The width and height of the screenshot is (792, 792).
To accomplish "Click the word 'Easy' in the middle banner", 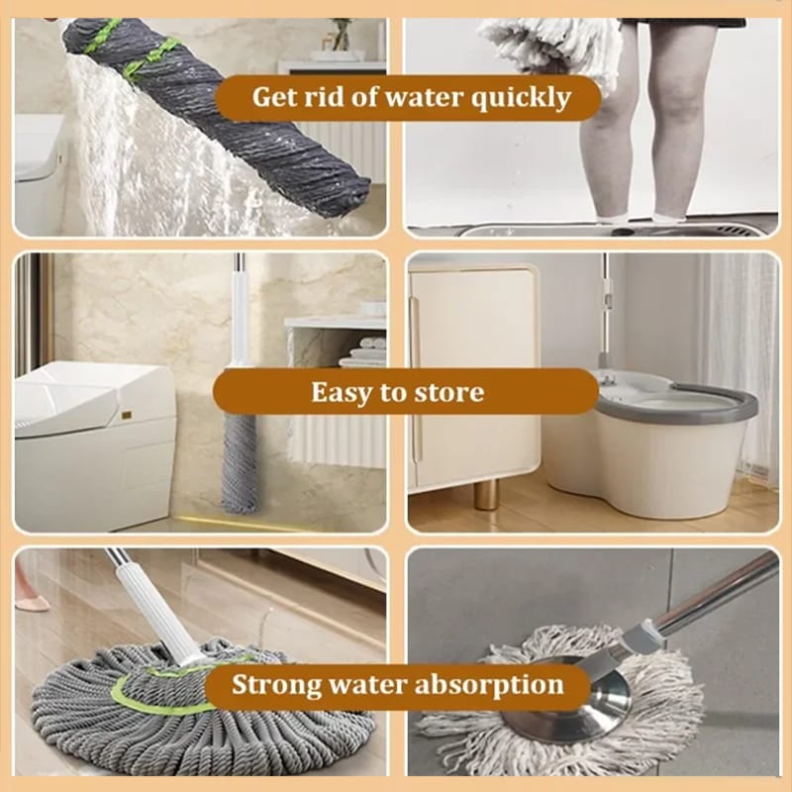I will click(x=343, y=392).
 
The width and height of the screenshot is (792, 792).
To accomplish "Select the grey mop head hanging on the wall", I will click(x=238, y=460).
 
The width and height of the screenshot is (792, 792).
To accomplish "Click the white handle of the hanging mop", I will click(x=239, y=317).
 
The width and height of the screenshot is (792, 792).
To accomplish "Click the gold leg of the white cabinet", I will click(x=486, y=494).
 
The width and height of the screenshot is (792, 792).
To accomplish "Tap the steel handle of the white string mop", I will click(x=713, y=594).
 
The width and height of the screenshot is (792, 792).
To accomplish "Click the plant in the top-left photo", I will click(x=342, y=35).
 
